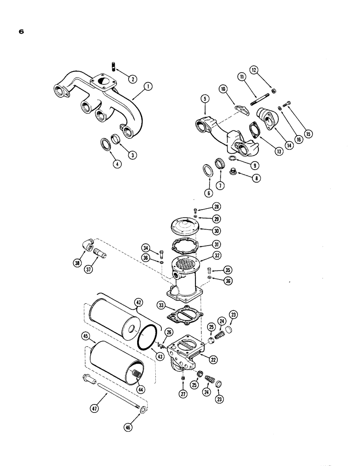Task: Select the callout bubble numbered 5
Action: (203, 99)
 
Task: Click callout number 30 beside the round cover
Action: (216, 231)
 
